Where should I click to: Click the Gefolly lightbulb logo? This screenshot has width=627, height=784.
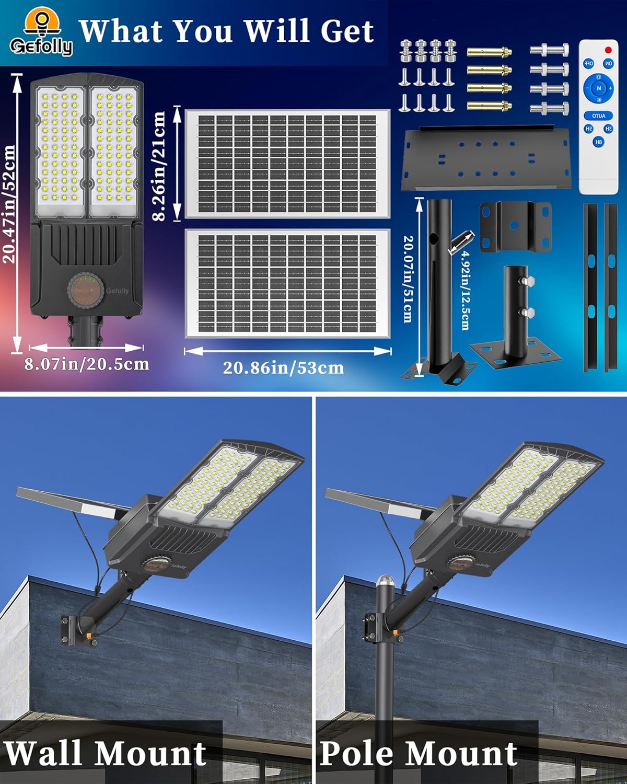41,32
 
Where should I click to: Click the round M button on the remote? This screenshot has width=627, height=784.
598,88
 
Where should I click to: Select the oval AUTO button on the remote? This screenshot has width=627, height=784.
599,116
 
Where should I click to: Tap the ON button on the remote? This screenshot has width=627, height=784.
609,63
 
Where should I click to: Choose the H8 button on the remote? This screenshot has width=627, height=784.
599,142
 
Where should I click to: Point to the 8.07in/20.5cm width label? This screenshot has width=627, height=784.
87,364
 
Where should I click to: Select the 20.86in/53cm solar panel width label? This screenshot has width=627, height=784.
283,367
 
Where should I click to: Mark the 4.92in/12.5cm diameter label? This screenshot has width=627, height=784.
465,291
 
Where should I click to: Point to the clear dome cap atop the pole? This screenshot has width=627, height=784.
384,581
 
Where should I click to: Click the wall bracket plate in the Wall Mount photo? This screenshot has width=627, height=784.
72,630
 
